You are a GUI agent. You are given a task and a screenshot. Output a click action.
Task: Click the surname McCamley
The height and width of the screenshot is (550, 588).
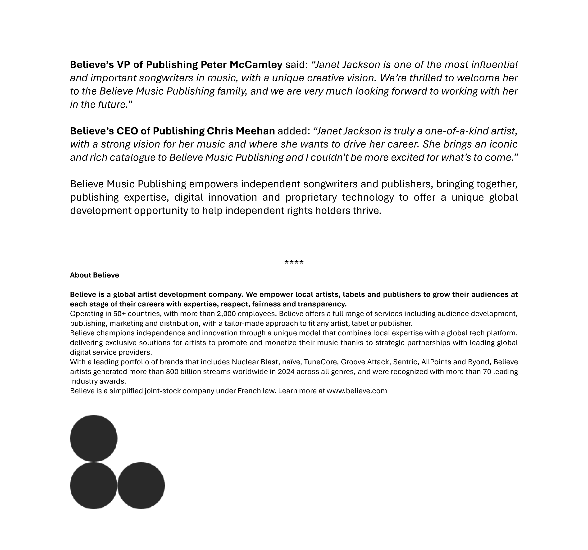click(256, 65)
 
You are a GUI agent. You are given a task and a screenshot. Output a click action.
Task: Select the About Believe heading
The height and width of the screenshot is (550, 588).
click(94, 275)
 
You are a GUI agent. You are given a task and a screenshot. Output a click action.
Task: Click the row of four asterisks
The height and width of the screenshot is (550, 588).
click(294, 262)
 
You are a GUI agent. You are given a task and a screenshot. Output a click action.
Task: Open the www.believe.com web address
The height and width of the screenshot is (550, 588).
click(357, 391)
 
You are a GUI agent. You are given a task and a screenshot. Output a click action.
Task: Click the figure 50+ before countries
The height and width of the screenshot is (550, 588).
click(119, 314)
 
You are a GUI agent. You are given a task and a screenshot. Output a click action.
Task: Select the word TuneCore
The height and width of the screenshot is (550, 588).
click(320, 362)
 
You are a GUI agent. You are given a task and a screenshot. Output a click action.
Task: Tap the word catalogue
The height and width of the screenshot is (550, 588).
click(133, 157)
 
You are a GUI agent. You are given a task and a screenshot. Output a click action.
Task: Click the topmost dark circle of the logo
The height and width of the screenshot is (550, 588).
click(93, 438)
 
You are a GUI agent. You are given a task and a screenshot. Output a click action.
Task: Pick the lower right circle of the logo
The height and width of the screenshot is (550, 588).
click(141, 485)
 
